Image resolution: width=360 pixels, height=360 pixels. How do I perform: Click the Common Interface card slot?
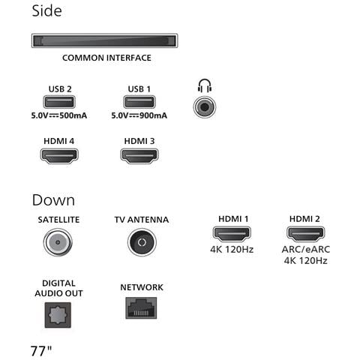(x=104, y=40)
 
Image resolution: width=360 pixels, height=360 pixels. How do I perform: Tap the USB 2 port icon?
(x=59, y=102)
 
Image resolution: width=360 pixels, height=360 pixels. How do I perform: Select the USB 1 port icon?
(x=139, y=102)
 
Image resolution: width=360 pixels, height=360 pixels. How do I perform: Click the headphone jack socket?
(x=205, y=107)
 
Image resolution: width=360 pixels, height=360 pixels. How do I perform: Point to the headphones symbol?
(x=205, y=85)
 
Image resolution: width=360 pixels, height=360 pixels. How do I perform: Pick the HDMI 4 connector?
(x=59, y=156)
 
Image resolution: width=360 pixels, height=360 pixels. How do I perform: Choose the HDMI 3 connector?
(x=139, y=156)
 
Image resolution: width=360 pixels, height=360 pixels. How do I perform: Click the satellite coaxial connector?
(x=58, y=242)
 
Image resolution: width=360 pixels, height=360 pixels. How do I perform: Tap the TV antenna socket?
(x=142, y=242)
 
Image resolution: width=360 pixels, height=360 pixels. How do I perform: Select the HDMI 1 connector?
(x=232, y=234)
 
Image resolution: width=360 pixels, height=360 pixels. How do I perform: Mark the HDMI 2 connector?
(x=306, y=234)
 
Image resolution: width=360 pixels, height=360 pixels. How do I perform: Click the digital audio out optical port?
(x=58, y=315)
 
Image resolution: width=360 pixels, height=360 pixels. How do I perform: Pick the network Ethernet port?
(x=141, y=308)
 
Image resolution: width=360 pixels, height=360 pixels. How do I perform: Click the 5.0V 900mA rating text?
(x=139, y=115)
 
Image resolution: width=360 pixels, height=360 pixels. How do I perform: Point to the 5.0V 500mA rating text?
(x=59, y=115)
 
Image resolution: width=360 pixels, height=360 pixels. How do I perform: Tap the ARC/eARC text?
(x=306, y=249)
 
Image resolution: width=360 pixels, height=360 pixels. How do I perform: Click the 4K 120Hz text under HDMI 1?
(x=232, y=249)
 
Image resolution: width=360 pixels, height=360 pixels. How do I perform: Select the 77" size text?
(x=41, y=351)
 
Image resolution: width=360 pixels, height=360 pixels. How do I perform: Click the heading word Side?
(x=46, y=10)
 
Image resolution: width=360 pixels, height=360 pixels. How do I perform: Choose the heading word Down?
(x=53, y=200)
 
